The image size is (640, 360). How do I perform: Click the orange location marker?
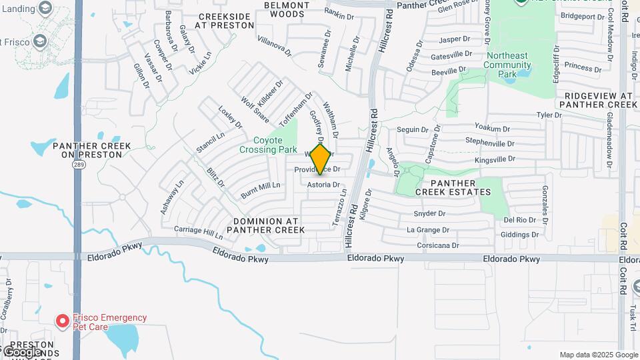[x=321, y=159]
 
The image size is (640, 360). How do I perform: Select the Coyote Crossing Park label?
[x=275, y=145]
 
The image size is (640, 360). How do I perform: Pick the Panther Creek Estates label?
[x=453, y=187]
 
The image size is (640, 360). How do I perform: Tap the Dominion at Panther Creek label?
[x=265, y=225]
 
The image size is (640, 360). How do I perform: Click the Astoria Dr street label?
[x=323, y=185]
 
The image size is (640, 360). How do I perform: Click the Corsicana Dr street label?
[x=433, y=245]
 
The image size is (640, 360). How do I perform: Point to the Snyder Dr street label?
[x=429, y=213]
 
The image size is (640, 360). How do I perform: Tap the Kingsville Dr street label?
[x=495, y=159]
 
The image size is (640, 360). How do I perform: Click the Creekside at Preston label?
[x=217, y=20]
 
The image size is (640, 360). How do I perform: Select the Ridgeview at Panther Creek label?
[x=601, y=100]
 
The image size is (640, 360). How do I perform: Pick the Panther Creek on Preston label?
[x=87, y=150]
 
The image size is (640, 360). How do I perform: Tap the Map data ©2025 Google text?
[x=598, y=355]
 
